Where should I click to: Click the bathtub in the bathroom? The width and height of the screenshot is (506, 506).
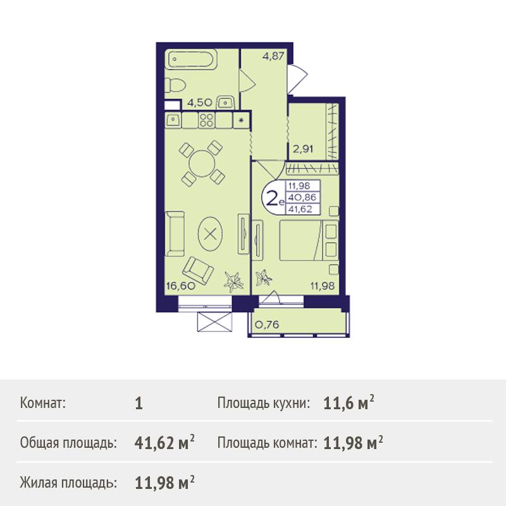(x=190, y=59)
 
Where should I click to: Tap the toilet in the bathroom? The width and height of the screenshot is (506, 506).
(x=175, y=86)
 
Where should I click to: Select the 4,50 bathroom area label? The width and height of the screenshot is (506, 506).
(x=200, y=103)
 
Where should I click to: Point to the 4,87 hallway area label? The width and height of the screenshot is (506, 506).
(x=273, y=56)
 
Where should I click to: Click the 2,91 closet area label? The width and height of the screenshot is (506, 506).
(x=303, y=149)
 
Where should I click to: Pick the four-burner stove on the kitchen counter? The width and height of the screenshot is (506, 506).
(x=207, y=120)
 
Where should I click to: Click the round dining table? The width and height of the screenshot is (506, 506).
(x=202, y=164)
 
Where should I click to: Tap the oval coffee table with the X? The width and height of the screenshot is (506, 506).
(x=211, y=233)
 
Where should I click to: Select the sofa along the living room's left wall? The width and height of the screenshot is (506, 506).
(x=175, y=233)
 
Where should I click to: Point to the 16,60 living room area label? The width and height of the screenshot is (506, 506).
(x=181, y=286)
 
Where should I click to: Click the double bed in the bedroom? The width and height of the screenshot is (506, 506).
(x=309, y=240)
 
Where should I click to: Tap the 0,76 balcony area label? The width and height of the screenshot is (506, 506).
(x=267, y=324)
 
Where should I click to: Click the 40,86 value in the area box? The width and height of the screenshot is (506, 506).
(x=302, y=197)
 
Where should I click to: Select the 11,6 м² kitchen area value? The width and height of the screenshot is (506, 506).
(x=349, y=402)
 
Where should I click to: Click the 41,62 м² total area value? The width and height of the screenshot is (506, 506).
(x=164, y=442)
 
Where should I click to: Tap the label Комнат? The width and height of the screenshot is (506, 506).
(x=42, y=403)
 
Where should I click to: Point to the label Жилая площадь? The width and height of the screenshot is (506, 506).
(x=68, y=483)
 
